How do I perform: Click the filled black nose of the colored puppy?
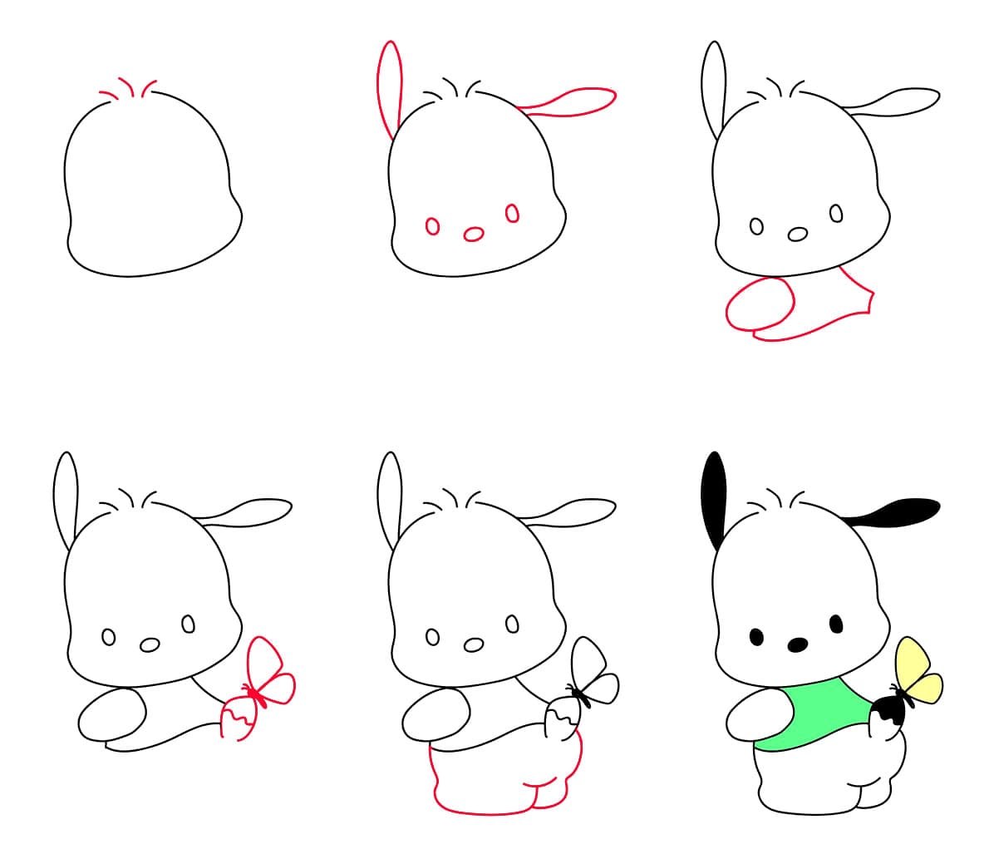797,644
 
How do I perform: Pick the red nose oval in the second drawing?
474,234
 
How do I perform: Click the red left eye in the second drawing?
432,225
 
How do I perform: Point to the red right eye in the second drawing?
513,214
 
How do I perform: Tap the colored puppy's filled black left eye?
756,637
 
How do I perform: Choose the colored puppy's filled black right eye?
836,623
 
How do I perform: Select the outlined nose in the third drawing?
797,234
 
